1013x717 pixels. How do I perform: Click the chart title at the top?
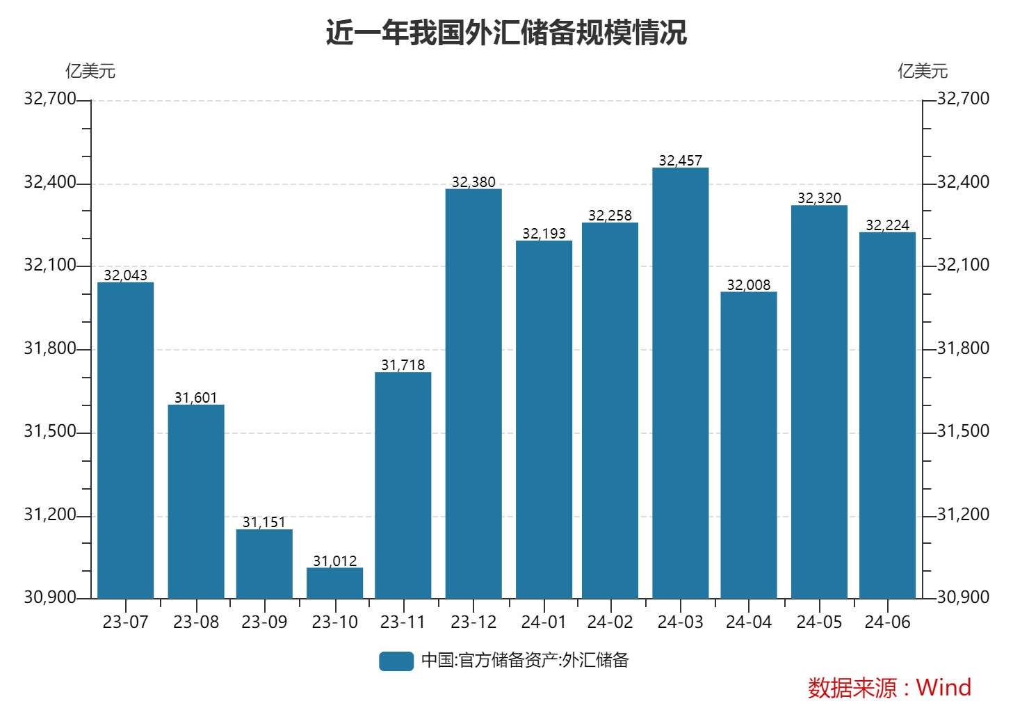506,33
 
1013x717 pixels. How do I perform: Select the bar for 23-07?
125,440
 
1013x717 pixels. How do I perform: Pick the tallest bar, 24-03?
680,382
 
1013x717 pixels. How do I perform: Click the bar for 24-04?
748,445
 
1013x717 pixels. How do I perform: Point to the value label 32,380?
473,182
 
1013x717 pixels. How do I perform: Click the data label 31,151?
264,522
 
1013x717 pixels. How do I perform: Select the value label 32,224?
887,225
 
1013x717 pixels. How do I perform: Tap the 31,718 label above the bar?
403,365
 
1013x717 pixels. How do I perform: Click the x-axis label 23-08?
196,622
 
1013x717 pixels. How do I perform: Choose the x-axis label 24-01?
544,622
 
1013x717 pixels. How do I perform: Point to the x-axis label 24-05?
819,622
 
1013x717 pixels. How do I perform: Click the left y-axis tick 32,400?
49,182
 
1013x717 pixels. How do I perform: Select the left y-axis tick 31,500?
49,431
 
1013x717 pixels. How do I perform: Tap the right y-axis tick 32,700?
963,99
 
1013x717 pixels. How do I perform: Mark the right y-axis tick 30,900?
963,597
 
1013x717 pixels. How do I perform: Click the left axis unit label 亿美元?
90,71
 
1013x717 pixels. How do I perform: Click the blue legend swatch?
396,661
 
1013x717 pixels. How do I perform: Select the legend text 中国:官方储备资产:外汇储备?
525,661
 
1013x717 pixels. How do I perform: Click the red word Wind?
943,688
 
